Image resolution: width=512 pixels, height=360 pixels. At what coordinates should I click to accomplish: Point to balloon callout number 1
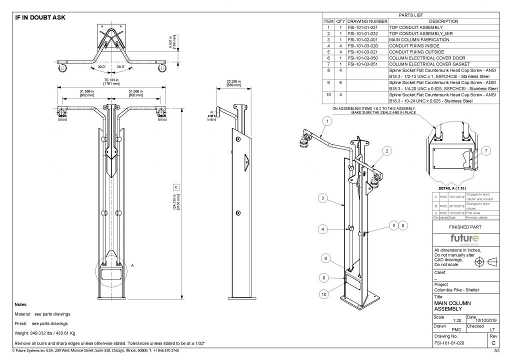327,121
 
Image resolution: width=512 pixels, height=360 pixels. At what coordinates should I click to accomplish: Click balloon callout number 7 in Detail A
487,150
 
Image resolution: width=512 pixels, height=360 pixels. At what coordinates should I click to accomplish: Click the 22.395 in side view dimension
233,82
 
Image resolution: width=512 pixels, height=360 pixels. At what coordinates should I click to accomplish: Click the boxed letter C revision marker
176,187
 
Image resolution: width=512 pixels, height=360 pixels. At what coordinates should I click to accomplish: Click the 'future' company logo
464,238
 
